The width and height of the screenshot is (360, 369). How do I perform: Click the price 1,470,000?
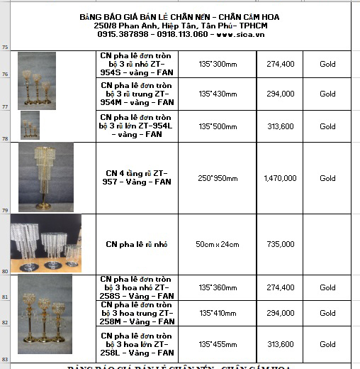tap(279, 178)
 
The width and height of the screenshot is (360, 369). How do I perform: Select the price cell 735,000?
tap(279, 244)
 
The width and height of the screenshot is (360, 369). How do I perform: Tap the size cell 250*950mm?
tap(217, 178)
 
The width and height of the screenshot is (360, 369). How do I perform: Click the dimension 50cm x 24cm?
tap(217, 244)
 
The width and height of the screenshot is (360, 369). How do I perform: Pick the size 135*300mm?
tap(217, 64)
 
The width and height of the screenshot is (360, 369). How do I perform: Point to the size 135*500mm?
tap(217, 126)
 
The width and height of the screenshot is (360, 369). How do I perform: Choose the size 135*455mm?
tap(217, 344)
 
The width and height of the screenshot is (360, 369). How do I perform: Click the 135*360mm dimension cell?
tap(217, 287)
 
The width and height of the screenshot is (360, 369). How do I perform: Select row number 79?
tap(5, 210)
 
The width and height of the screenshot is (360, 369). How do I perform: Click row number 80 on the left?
tap(5, 270)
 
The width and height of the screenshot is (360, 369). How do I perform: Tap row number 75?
tap(5, 48)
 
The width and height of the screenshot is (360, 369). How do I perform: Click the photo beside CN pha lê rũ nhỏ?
tap(46, 244)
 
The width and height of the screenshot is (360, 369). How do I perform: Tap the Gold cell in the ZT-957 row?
tap(327, 178)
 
